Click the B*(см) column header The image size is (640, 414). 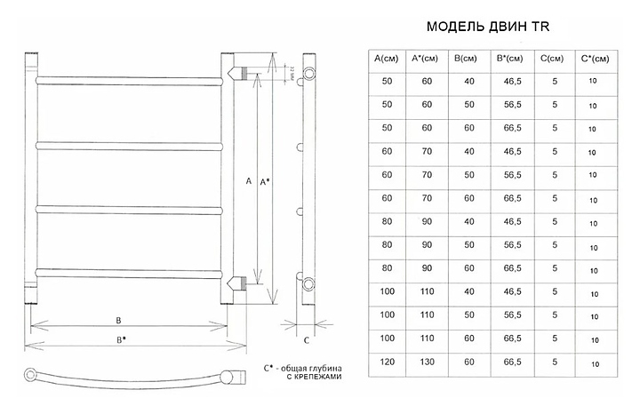511,60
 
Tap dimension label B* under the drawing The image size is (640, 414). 121,338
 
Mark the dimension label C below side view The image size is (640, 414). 306,339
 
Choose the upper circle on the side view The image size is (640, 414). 308,71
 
